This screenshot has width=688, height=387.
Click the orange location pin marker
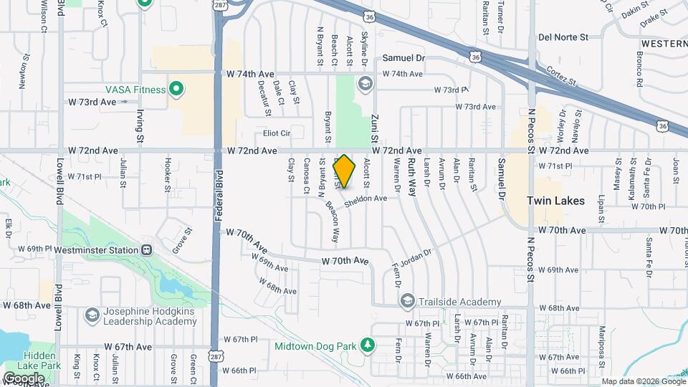[345, 171]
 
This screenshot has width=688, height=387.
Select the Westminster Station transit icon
[146, 250]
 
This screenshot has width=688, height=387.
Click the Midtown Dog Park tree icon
[368, 346]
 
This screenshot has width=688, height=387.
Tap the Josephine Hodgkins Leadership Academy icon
[92, 315]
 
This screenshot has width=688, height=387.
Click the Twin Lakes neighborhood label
[556, 201]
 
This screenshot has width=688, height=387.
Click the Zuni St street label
[374, 130]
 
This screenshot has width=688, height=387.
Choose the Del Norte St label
[563, 37]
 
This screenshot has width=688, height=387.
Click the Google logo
[24, 378]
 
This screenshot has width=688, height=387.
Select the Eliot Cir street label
[277, 133]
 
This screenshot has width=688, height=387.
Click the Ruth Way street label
[411, 178]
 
